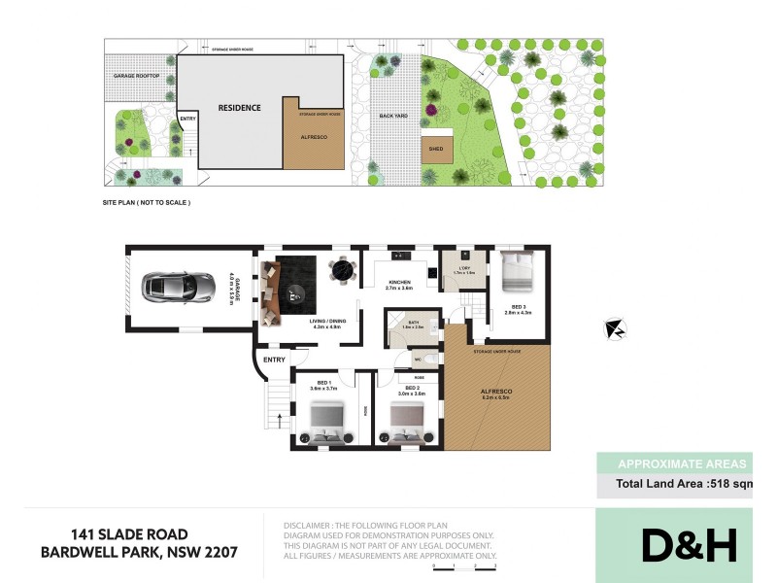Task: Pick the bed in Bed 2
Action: coord(406,425)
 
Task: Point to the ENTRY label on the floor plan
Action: coord(274,360)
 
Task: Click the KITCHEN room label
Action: coord(399,283)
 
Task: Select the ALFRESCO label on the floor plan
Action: coord(495,391)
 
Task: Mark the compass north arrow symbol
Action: coord(614,330)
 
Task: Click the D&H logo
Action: coord(688,545)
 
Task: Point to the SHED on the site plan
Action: coord(436,149)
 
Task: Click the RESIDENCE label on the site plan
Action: coord(239,108)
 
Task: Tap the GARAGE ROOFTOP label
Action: coord(136,75)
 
